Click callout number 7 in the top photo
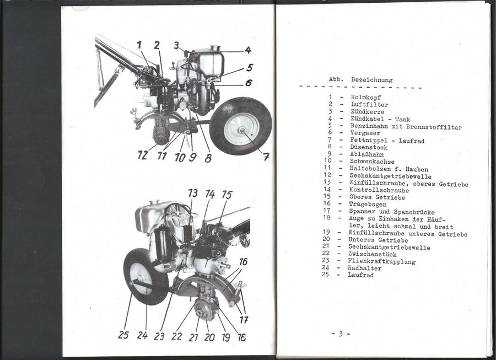pyautogui.click(x=266, y=156)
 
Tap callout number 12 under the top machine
pyautogui.click(x=142, y=155)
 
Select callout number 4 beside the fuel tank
pyautogui.click(x=248, y=50)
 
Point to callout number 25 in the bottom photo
pyautogui.click(x=123, y=335)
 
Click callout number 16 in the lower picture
pyautogui.click(x=243, y=262)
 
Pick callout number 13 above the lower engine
pyautogui.click(x=193, y=194)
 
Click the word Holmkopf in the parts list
pyautogui.click(x=366, y=98)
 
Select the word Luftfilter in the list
pyautogui.click(x=369, y=104)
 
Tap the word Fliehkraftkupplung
pyautogui.click(x=381, y=261)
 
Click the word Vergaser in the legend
pyautogui.click(x=365, y=133)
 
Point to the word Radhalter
pyautogui.click(x=364, y=268)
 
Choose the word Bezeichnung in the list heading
pyautogui.click(x=371, y=80)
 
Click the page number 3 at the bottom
pyautogui.click(x=341, y=334)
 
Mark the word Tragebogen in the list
pyautogui.click(x=368, y=205)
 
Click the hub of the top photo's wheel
pyautogui.click(x=242, y=130)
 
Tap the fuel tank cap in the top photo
pyautogui.click(x=215, y=48)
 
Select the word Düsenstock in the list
pyautogui.click(x=369, y=147)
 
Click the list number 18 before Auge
pyautogui.click(x=326, y=217)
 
